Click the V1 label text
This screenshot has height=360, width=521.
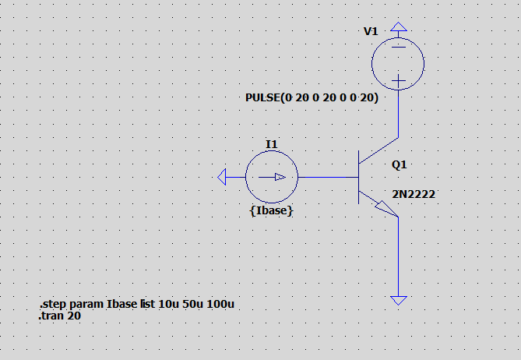coord(371,31)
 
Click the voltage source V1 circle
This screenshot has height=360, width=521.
coord(371,63)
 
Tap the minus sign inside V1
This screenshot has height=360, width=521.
coord(399,48)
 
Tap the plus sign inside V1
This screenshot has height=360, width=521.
coord(399,80)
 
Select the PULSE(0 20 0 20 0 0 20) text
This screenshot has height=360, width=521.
coord(312,97)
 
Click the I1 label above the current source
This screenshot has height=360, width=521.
coord(272,144)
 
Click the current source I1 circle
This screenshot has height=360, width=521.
coord(246,177)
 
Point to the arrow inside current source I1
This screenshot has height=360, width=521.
coord(272,177)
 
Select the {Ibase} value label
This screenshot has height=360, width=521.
coord(271,210)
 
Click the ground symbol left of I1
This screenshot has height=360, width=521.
coord(222,177)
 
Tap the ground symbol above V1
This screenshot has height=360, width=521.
coord(399,27)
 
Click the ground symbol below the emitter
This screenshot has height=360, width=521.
coord(399,301)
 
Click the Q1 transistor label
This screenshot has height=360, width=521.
coord(399,164)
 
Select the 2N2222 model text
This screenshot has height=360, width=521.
coord(414,194)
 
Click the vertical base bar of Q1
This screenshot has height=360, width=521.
coord(358,177)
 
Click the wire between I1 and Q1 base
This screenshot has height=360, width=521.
coord(329,177)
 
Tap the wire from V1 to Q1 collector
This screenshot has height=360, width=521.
coord(399,113)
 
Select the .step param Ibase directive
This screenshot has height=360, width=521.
coord(137,304)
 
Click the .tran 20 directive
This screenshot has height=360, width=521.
coord(60,316)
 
